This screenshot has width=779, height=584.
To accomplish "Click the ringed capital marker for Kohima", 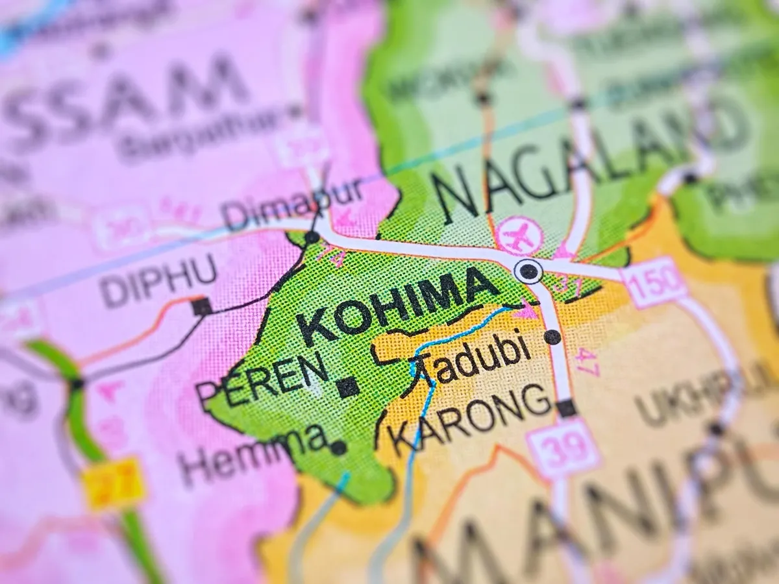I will [528, 271].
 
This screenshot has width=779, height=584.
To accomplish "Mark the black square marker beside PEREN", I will [348, 387].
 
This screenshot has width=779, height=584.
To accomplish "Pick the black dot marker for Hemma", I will [338, 447].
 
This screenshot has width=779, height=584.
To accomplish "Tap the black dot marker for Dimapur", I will [312, 237].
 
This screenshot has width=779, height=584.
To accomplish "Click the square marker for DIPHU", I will [202, 306].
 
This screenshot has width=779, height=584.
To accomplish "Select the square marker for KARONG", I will [566, 408].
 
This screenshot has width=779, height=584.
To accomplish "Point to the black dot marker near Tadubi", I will [552, 337].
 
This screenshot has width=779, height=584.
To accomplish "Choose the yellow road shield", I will [114, 483].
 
